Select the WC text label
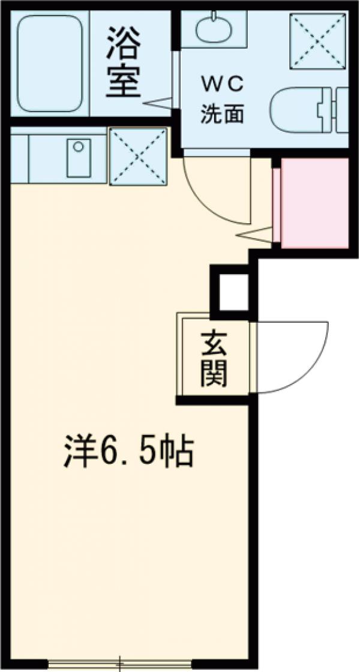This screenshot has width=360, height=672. click(x=221, y=86)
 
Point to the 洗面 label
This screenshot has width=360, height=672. click(x=221, y=115)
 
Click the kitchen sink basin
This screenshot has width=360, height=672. click(x=79, y=158)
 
